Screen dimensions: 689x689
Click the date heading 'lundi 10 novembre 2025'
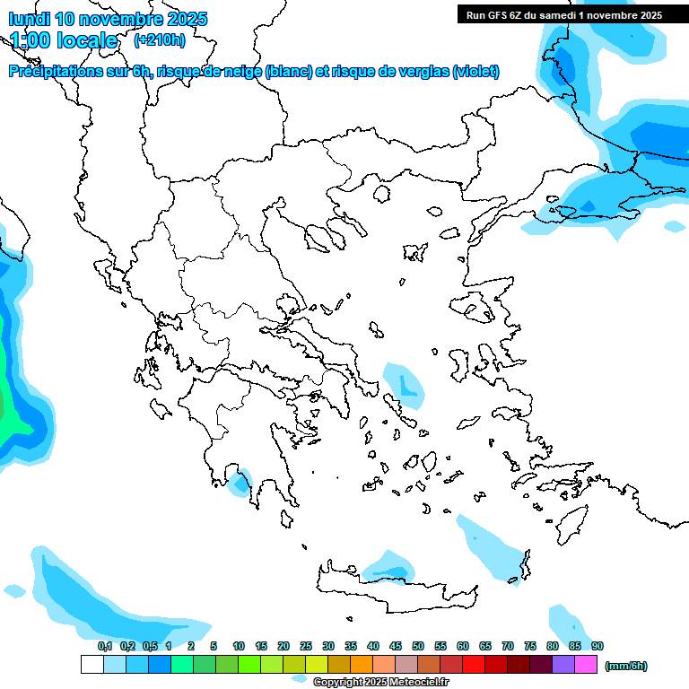[108, 19]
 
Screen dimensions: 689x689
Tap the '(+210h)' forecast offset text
[160, 39]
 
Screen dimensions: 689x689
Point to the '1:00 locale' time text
[64, 40]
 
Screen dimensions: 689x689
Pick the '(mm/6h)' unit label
[626, 666]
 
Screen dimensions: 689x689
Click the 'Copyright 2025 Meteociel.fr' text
[380, 683]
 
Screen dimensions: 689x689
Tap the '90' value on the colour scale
[597, 646]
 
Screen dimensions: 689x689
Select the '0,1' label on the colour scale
[104, 646]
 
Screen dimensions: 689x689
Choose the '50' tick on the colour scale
[418, 646]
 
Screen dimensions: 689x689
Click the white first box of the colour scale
[92, 665]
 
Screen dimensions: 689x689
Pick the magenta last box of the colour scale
[586, 665]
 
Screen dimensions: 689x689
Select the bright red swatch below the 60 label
[474, 665]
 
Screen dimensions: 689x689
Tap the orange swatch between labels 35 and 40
[362, 665]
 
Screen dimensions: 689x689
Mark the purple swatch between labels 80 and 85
[563, 665]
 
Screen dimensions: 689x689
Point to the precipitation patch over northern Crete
[388, 566]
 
